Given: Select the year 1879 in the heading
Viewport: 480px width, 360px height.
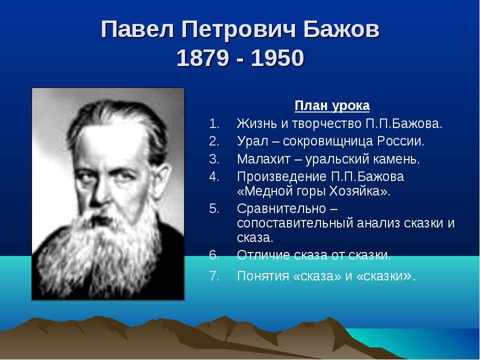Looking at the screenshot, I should click(202, 59).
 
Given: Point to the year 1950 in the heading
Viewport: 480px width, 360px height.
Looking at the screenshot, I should click(277, 59).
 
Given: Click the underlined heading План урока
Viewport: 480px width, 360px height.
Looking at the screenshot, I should click(332, 106).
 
